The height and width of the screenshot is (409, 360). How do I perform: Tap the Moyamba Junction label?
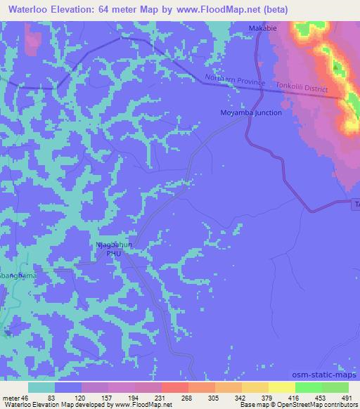click(x=250, y=112)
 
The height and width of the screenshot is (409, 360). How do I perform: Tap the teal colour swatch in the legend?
click(x=41, y=387)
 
